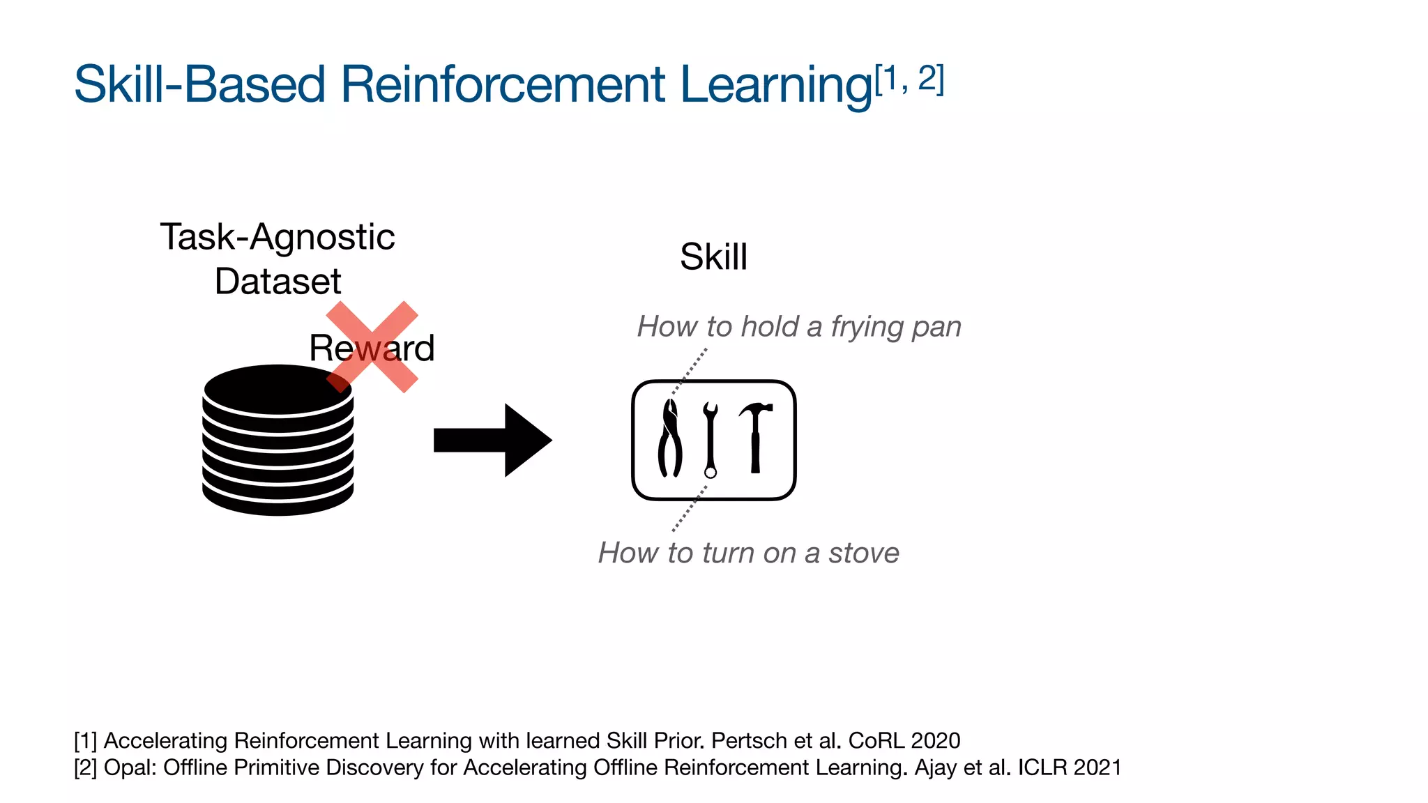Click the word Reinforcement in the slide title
click(503, 84)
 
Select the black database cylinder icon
click(278, 441)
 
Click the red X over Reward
click(372, 346)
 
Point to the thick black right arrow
click(492, 441)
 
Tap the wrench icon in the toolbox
click(711, 439)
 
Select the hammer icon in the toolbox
click(755, 436)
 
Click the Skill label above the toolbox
click(713, 257)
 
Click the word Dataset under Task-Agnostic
click(278, 282)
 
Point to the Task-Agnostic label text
click(278, 237)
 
